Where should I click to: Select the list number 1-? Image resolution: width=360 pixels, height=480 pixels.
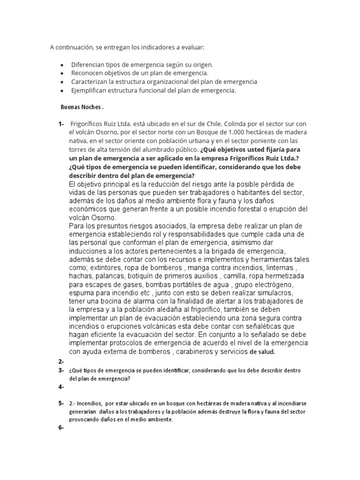(61, 124)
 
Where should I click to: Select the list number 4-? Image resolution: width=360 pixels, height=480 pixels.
(61, 387)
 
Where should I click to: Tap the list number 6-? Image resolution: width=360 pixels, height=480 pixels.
(61, 428)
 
